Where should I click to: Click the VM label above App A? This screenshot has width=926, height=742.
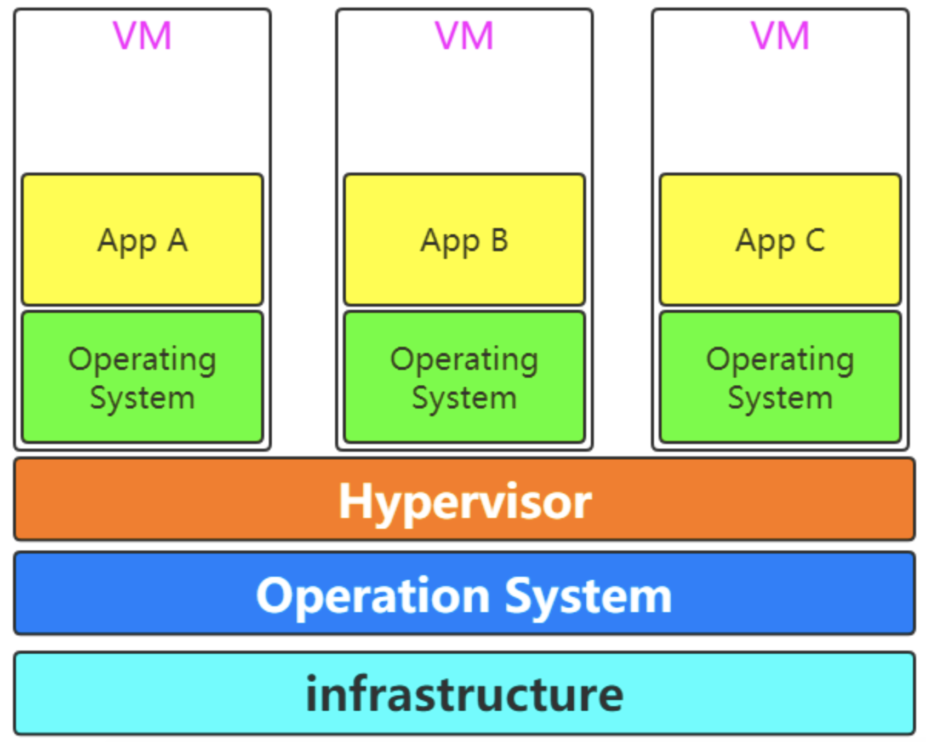142,36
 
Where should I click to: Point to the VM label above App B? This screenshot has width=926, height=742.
464,36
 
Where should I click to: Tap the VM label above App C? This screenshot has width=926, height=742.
780,36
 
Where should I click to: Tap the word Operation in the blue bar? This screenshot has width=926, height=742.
373,596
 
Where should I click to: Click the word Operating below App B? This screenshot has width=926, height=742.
464,361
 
